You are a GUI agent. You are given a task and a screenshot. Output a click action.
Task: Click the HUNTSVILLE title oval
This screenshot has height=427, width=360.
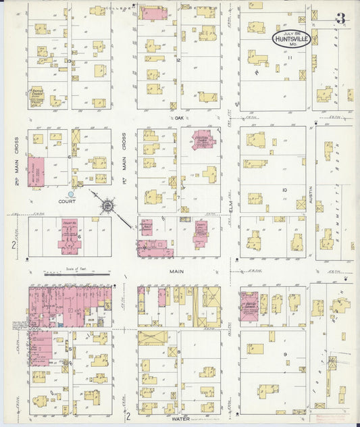coord(291,39)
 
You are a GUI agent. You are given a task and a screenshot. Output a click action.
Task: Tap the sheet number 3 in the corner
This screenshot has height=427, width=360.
coord(340,19)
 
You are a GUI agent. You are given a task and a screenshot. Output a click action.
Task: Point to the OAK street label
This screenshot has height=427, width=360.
coord(179,118)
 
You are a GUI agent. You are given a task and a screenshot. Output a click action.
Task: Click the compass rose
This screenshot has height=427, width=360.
coord(107,203)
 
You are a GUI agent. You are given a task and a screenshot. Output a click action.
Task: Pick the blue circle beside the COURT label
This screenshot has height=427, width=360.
coord(71,195)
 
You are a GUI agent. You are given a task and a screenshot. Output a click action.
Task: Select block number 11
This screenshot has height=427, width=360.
coord(288,58)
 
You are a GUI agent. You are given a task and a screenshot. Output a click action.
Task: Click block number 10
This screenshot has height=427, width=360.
coord(284,190)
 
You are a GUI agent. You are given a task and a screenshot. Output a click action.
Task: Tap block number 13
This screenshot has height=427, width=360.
coord(70,61)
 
